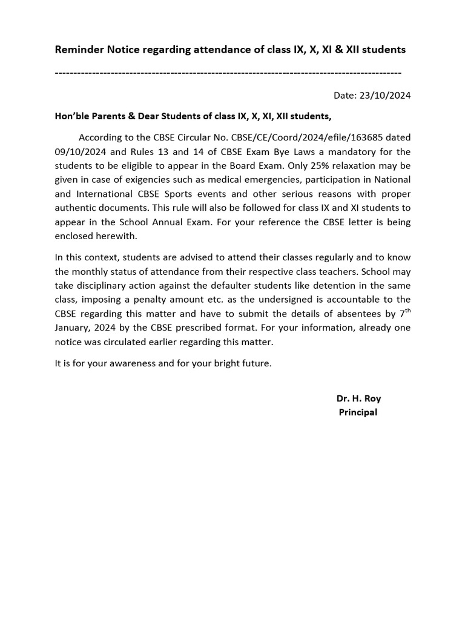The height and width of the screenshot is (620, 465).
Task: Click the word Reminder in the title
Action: (79, 50)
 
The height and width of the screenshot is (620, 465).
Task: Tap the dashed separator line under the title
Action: (228, 73)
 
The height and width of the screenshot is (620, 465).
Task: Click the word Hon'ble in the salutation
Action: (73, 116)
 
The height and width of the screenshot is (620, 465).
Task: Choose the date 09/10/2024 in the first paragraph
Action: (80, 151)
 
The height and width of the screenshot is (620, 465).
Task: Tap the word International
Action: (105, 194)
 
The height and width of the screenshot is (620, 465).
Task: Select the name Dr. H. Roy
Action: (358, 398)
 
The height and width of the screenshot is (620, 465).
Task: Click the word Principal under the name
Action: (358, 412)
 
